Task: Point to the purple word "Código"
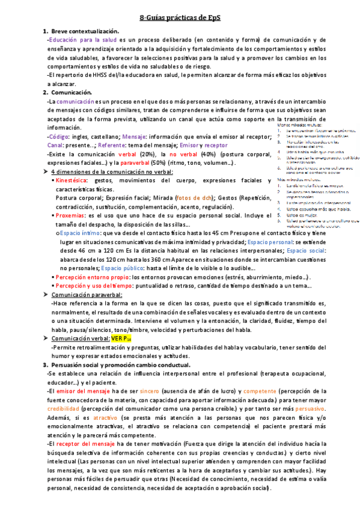click(58, 137)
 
